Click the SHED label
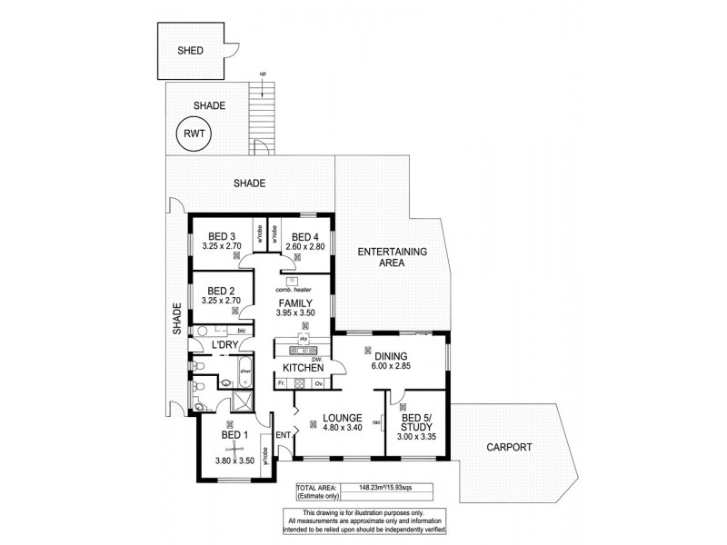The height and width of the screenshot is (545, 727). click(190, 52)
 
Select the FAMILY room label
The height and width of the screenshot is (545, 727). click(296, 303)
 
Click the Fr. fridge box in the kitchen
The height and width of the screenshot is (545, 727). click(283, 383)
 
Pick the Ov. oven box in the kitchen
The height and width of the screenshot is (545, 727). click(319, 383)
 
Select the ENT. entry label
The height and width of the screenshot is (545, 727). click(283, 434)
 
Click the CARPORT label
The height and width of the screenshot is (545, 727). click(508, 447)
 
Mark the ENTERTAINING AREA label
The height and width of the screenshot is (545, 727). click(392, 256)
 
